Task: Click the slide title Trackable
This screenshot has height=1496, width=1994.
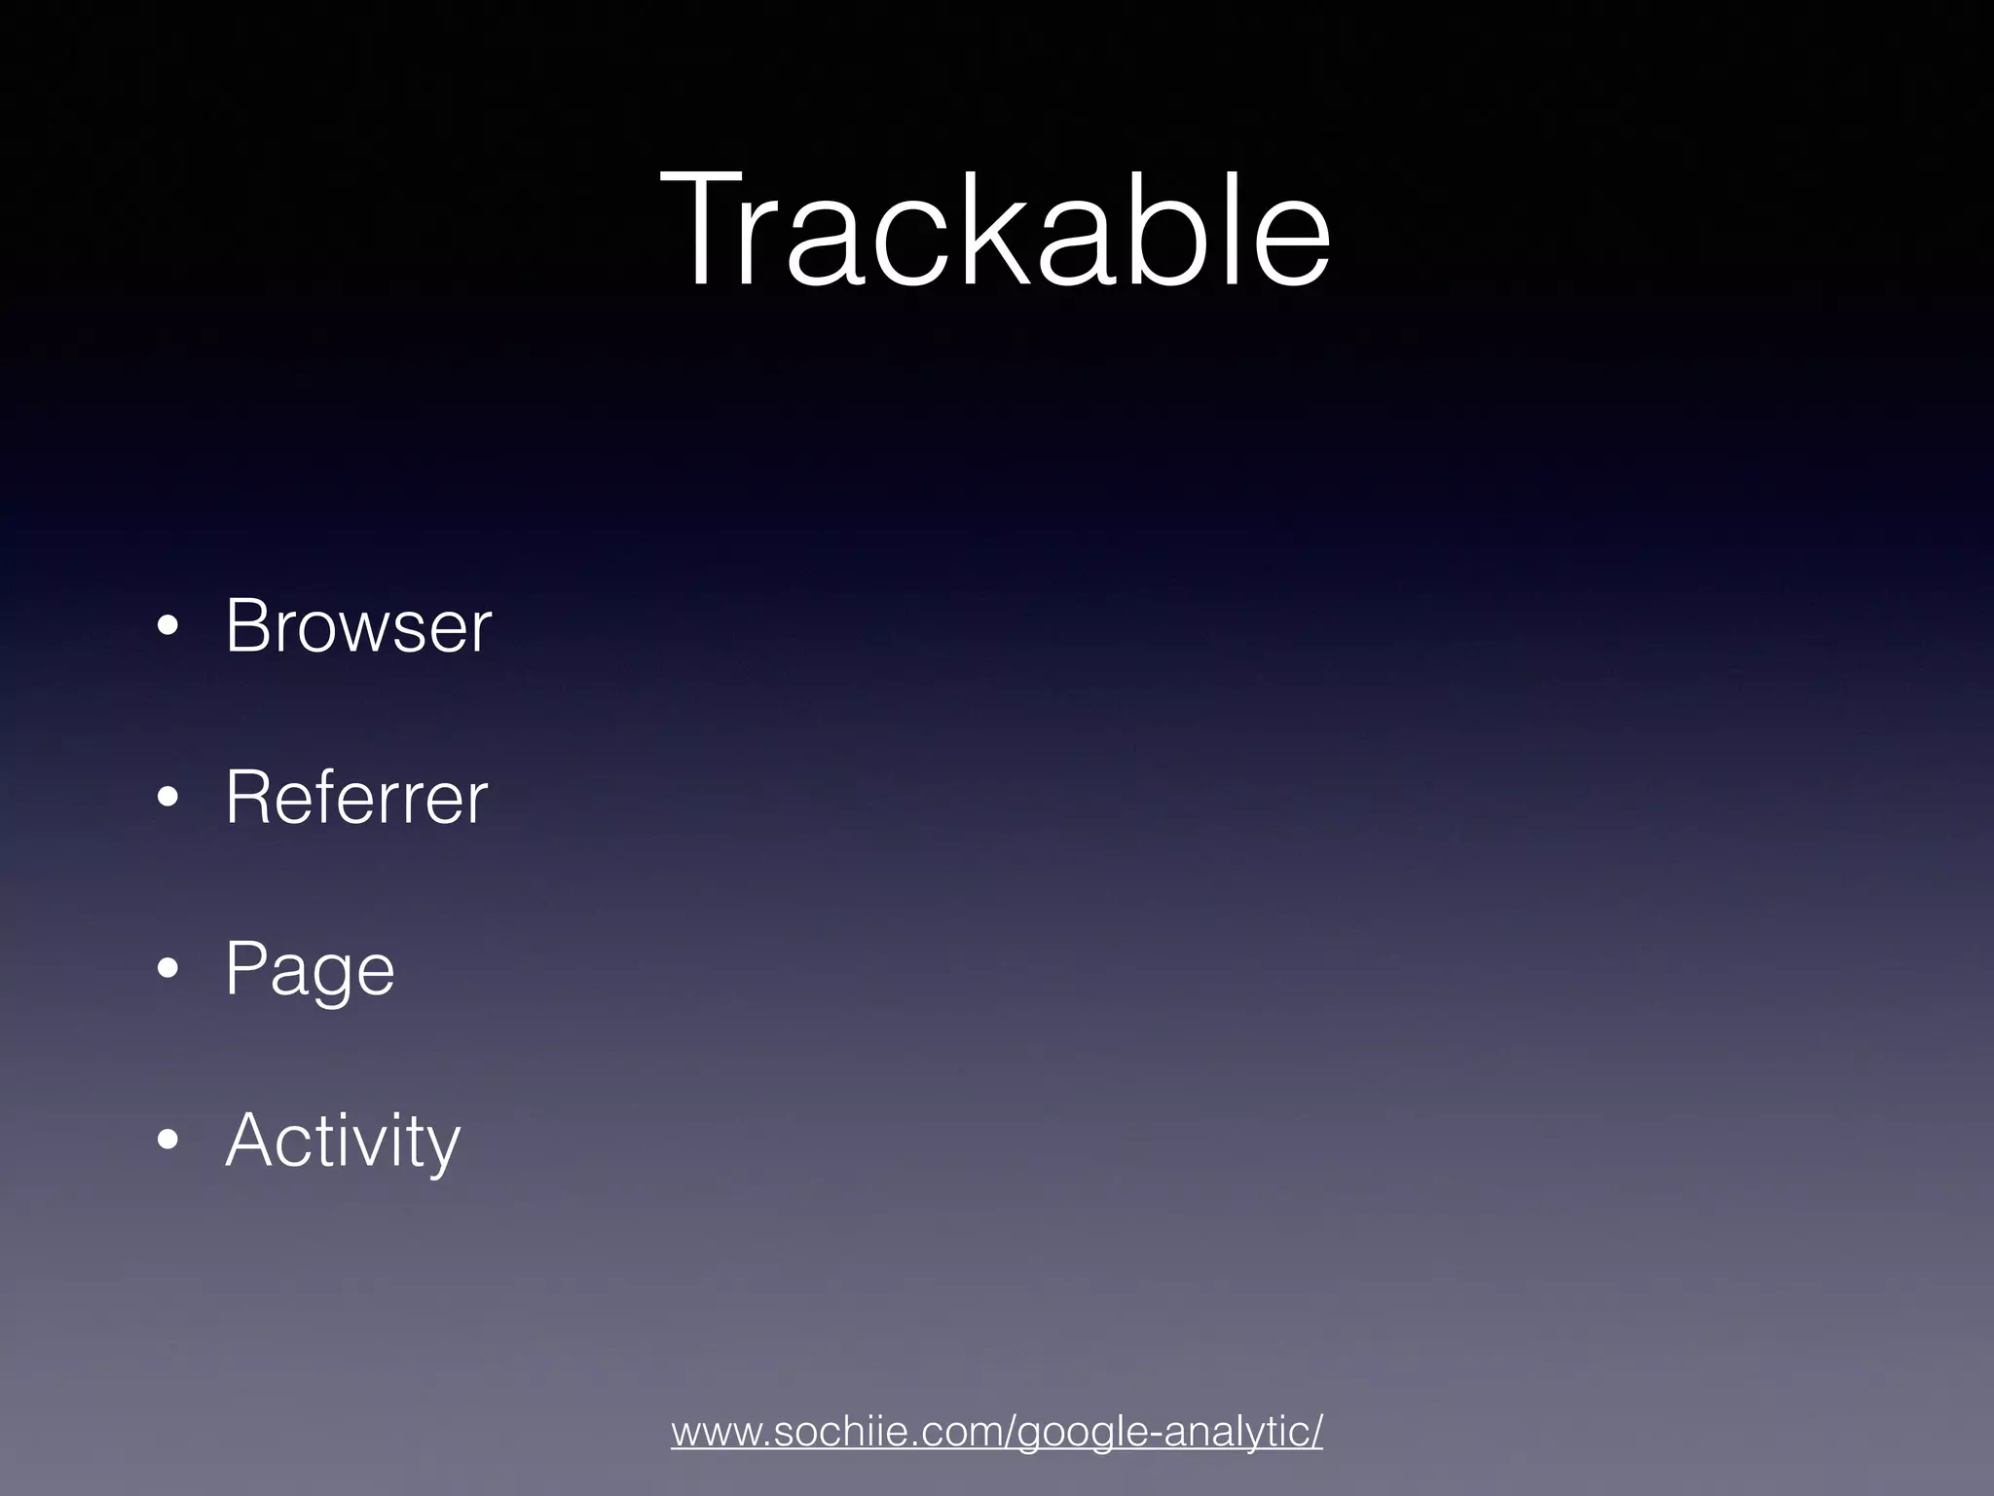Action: click(x=995, y=230)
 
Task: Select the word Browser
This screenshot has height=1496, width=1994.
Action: click(x=358, y=625)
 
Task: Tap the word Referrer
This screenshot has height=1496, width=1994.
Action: click(x=356, y=798)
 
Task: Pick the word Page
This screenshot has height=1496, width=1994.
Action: click(x=310, y=970)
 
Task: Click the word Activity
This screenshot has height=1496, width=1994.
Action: click(x=342, y=1140)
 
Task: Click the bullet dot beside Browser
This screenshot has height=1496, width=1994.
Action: click(x=167, y=628)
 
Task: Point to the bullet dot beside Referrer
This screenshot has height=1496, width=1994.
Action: click(x=167, y=800)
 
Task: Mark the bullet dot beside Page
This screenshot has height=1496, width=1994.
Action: click(x=167, y=971)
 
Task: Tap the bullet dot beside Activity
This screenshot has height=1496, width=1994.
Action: click(x=167, y=1141)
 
